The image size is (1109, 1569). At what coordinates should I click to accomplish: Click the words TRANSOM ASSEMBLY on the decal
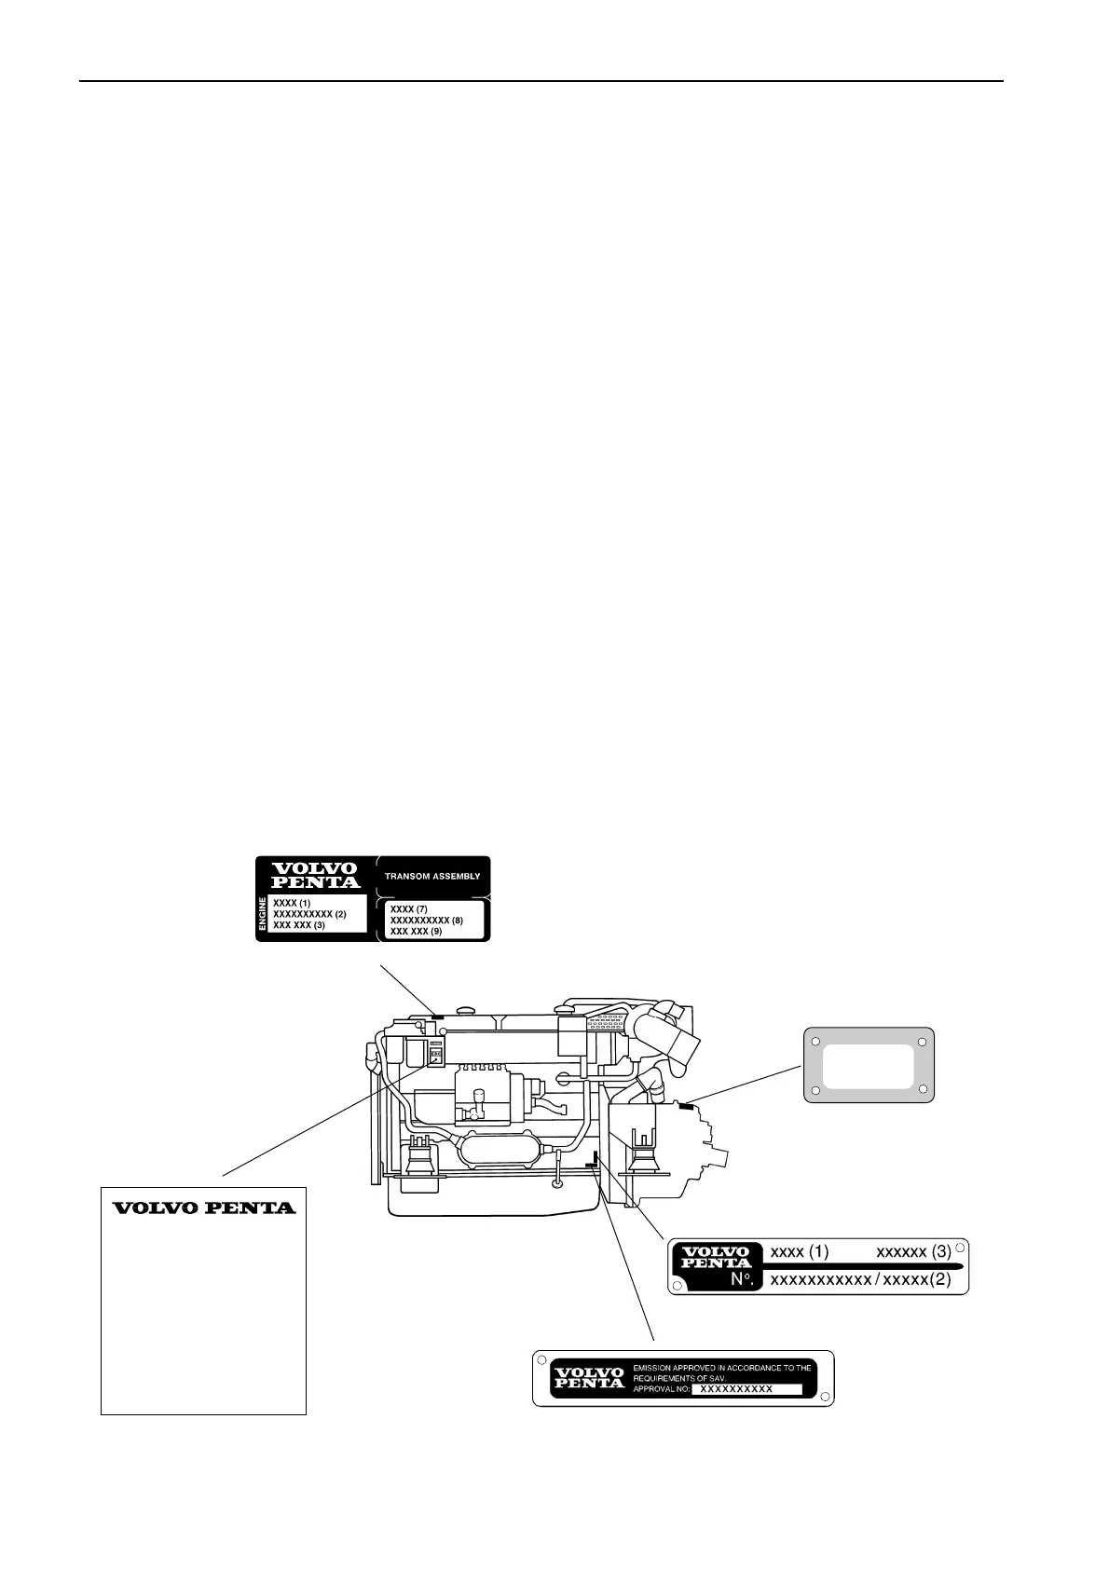(432, 877)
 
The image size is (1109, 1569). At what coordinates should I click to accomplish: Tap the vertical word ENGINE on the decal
(262, 914)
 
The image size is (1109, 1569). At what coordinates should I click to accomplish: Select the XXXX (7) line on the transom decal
(409, 908)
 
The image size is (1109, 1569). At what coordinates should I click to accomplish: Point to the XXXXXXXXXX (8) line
(426, 920)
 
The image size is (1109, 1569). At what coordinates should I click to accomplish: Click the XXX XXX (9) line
(416, 931)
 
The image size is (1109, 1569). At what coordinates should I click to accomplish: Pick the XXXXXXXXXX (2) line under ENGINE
(309, 914)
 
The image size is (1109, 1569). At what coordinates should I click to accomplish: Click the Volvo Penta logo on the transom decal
(314, 875)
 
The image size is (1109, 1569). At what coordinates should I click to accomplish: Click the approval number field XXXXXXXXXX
(736, 1388)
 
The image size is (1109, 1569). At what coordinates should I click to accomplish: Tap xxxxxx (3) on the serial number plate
(913, 1251)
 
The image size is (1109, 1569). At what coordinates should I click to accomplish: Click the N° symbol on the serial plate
(742, 1280)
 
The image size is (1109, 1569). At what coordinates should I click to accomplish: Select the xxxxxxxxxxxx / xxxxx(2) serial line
(860, 1280)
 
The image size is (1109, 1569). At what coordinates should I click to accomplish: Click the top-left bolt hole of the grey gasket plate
(815, 1042)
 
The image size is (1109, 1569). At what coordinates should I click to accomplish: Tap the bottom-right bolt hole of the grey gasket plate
(922, 1088)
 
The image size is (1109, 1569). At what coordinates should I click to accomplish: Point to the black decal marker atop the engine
(436, 1013)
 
